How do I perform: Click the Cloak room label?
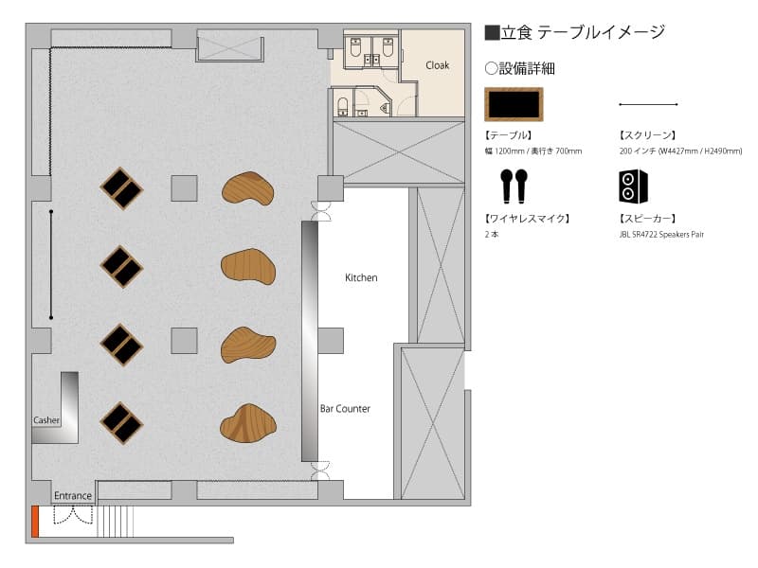point(437,65)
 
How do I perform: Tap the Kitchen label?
point(361,277)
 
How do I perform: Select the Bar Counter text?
point(345,409)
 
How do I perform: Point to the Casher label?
point(46,420)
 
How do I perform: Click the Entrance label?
point(73,495)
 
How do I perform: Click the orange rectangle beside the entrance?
point(35,522)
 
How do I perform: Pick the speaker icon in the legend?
point(633,186)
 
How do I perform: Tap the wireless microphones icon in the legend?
point(514,186)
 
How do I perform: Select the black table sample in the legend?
point(514,104)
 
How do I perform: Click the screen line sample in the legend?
point(648,104)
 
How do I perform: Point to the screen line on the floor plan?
point(51,264)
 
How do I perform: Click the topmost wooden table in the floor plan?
point(248,188)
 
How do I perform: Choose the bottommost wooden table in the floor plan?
point(248,423)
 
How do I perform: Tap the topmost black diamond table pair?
point(121,188)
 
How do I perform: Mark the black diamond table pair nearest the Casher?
point(121,423)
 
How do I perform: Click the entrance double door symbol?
point(73,515)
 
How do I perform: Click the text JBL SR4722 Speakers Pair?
point(661,234)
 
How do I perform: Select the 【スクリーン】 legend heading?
point(647,135)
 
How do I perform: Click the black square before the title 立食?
point(492,32)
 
